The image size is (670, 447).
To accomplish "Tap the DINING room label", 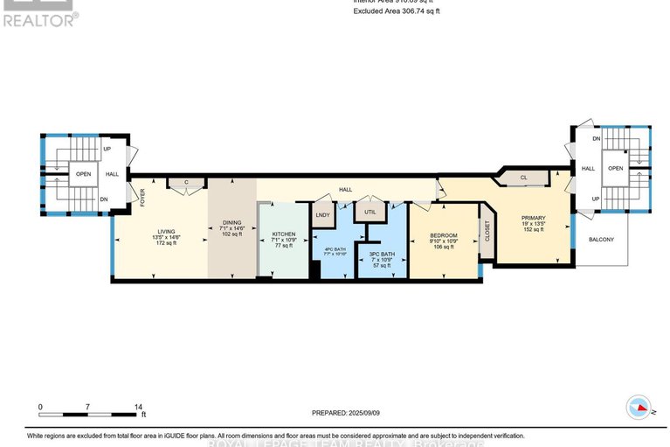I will pyautogui.click(x=231, y=225).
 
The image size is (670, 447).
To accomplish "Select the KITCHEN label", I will pyautogui.click(x=284, y=234).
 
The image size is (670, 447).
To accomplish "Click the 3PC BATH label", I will pyautogui.click(x=382, y=255).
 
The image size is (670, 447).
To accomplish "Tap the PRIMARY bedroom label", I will pyautogui.click(x=533, y=219).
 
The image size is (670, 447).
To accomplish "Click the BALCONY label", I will pyautogui.click(x=601, y=240).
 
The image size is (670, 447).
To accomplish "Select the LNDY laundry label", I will pyautogui.click(x=322, y=214).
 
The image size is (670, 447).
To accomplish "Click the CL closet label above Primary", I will pyautogui.click(x=522, y=178).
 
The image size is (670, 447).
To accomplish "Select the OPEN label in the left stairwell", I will pyautogui.click(x=83, y=173).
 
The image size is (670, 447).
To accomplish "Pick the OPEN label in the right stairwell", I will pyautogui.click(x=617, y=168).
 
